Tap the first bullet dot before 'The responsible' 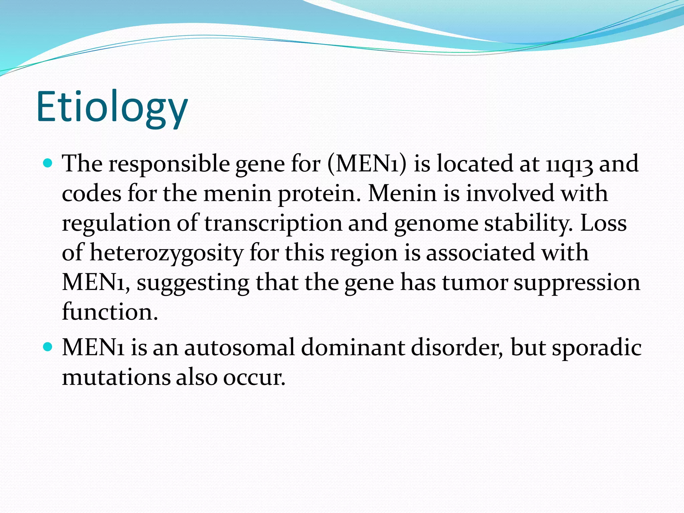[x=48, y=164]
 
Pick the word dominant [x=353, y=347]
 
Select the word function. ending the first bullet [x=110, y=312]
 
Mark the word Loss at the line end [x=604, y=223]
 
